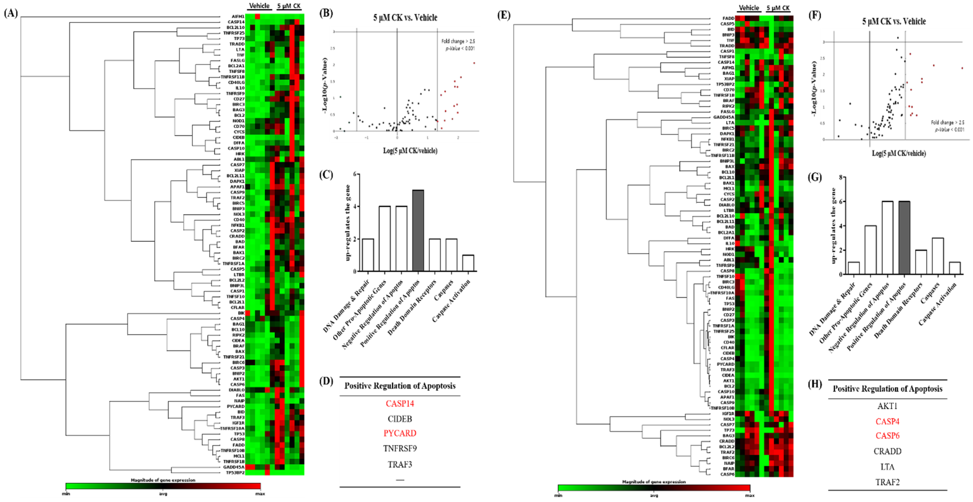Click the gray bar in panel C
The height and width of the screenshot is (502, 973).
pos(418,231)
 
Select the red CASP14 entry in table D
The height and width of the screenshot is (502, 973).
pos(400,404)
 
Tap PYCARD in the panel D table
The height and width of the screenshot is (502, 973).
pos(400,433)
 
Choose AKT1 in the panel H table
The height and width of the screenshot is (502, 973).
pos(887,406)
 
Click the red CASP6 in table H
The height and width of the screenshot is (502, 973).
pos(887,436)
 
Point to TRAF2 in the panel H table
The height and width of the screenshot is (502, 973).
pos(887,482)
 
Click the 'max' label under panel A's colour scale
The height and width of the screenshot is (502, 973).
pos(260,494)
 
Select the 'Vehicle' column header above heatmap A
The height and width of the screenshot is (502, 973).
pos(259,6)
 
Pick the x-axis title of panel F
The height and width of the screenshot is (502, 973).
pos(899,153)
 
